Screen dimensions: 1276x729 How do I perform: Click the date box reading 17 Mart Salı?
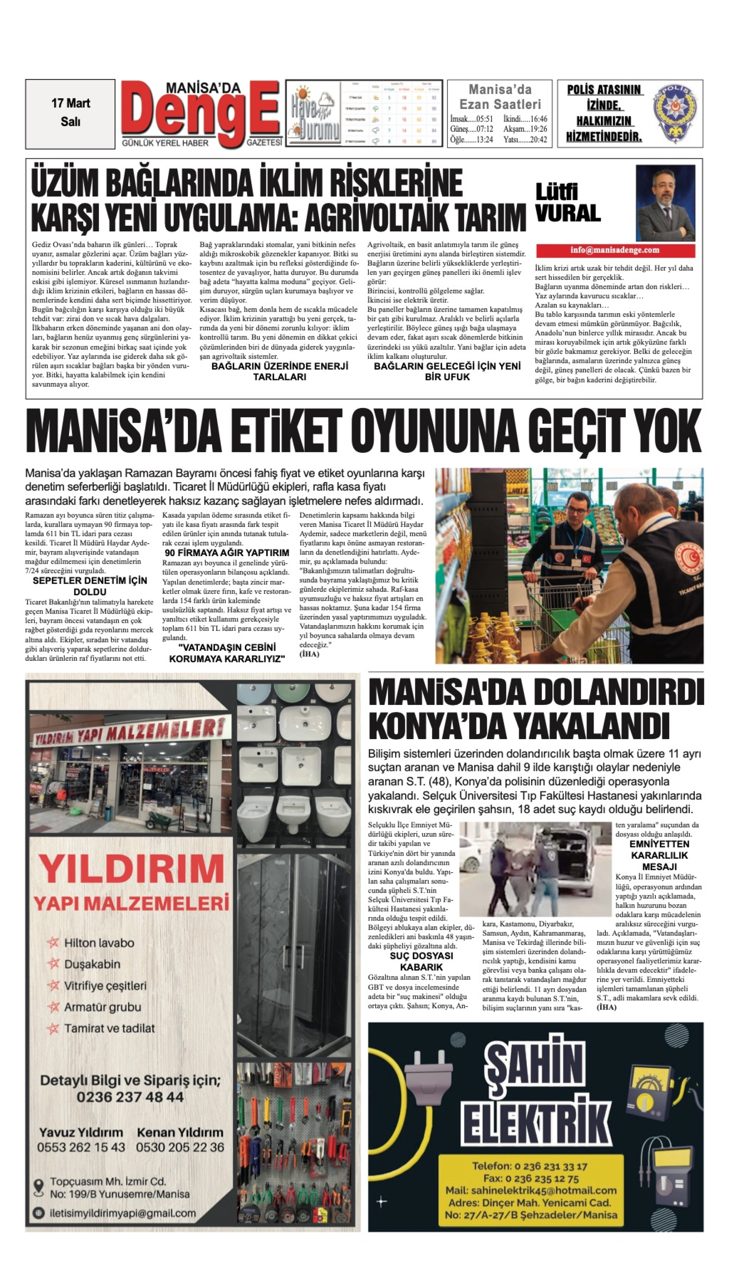coord(70,113)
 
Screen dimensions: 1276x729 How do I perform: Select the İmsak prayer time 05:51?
coord(471,119)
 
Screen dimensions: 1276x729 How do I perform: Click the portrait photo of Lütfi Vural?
coord(665,203)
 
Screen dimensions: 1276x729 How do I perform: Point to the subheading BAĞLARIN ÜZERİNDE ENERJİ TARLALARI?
coord(279,371)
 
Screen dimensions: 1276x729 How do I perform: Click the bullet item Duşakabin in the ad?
coord(92,964)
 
